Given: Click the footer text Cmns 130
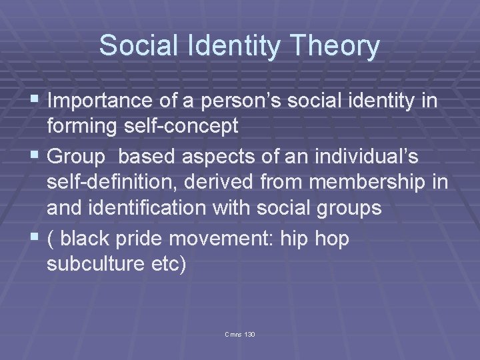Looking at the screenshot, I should point(241,333).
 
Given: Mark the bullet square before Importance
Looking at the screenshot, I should point(35,101).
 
